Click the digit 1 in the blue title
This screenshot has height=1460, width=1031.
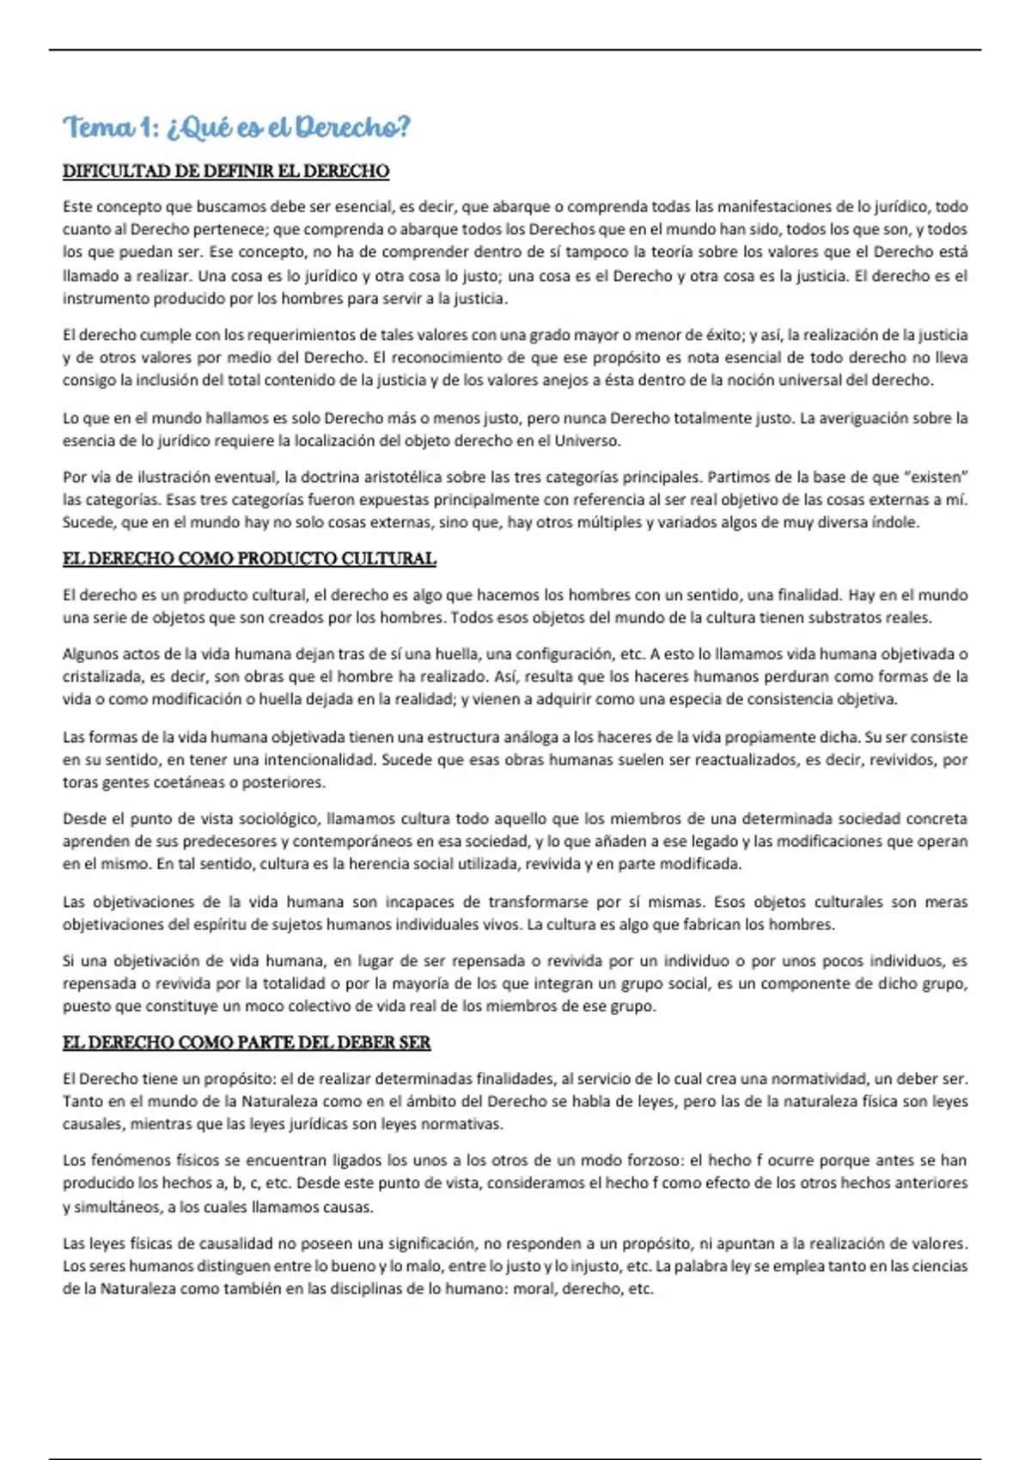[x=146, y=128]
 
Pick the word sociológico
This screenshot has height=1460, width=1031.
[x=278, y=819]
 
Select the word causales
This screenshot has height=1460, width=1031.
[x=95, y=1124]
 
